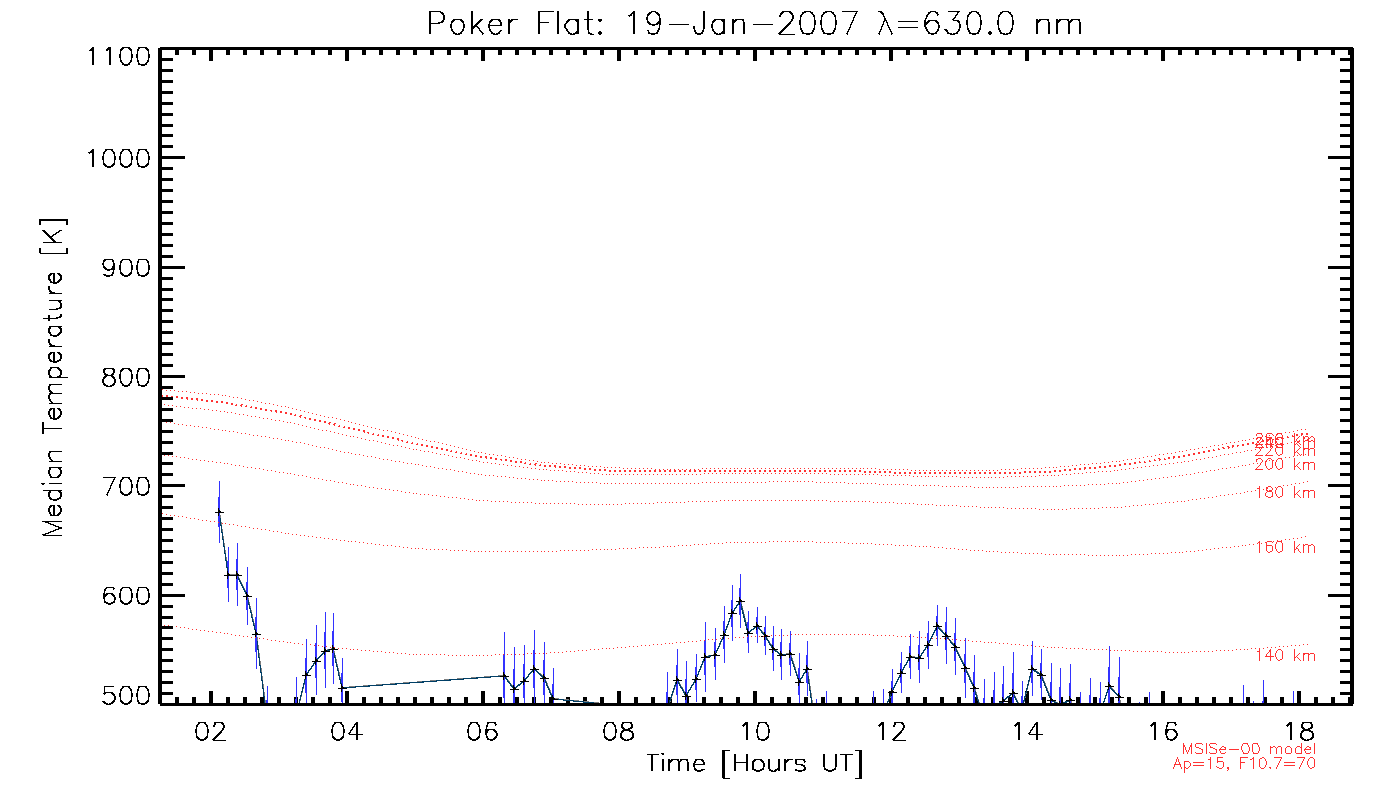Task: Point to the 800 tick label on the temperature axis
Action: [x=125, y=377]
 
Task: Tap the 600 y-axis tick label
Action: [x=125, y=596]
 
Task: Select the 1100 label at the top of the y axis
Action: [x=117, y=57]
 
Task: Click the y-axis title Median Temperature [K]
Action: [x=53, y=374]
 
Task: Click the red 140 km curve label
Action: [x=1286, y=656]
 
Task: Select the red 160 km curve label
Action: [x=1286, y=548]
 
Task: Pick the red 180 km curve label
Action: [x=1286, y=492]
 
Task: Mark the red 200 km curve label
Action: [x=1286, y=465]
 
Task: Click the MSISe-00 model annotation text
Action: [x=1249, y=749]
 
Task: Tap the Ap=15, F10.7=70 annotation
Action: [x=1244, y=764]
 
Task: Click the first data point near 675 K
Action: [x=219, y=511]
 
